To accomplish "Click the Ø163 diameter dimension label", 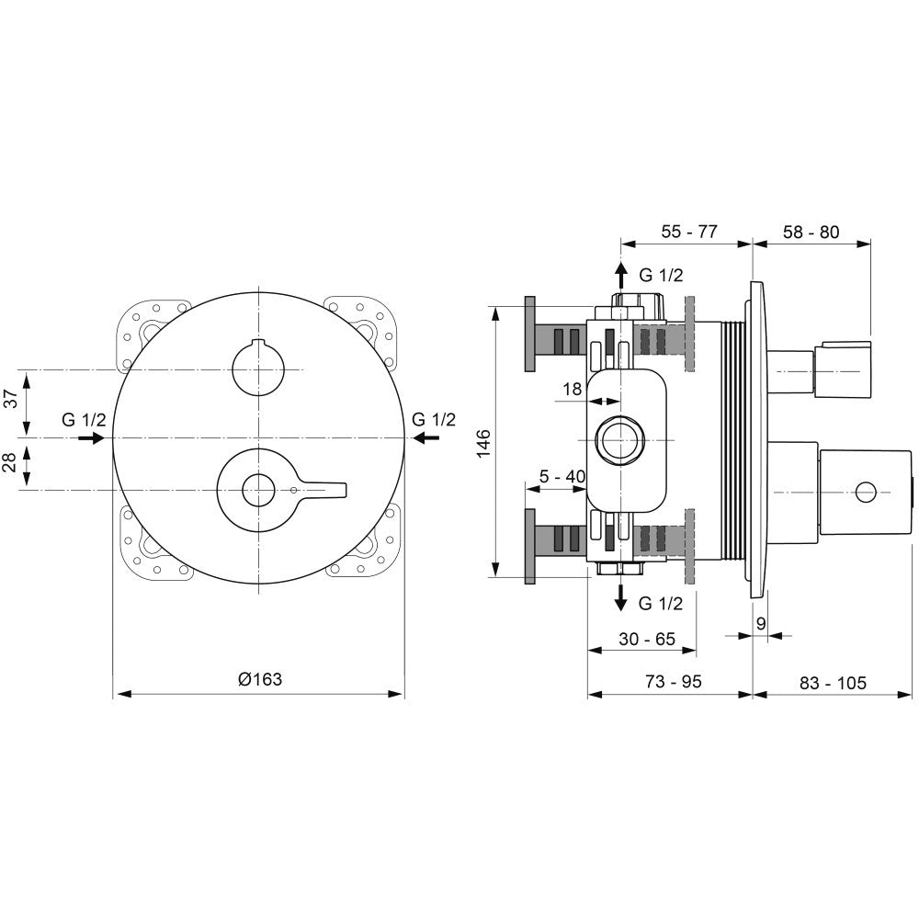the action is coord(260,679).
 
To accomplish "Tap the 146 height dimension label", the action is coord(483,443).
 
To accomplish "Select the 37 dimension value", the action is coord(11,399).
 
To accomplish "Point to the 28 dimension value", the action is coord(11,461).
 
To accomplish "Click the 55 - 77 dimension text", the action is coord(689,232).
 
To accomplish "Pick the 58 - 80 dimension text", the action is coord(811,232).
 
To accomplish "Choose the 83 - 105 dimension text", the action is coord(833,682).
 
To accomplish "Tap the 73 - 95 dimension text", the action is coord(674,681).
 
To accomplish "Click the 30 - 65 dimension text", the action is coord(647,639).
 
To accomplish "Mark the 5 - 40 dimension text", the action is coord(562,476).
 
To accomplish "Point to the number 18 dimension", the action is coord(572,389).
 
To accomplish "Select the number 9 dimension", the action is coord(761,623).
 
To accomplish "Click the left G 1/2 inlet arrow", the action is coord(91,437).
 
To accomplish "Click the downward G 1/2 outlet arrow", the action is coord(620,596).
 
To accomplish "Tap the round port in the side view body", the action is coord(618,439).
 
